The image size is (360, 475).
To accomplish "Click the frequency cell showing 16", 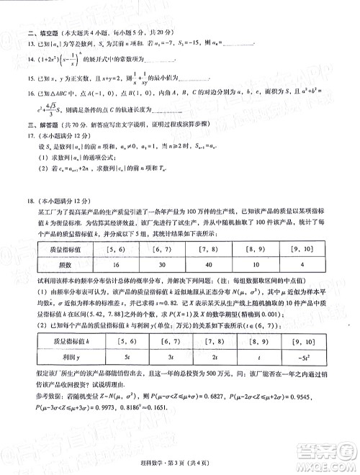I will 127,265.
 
